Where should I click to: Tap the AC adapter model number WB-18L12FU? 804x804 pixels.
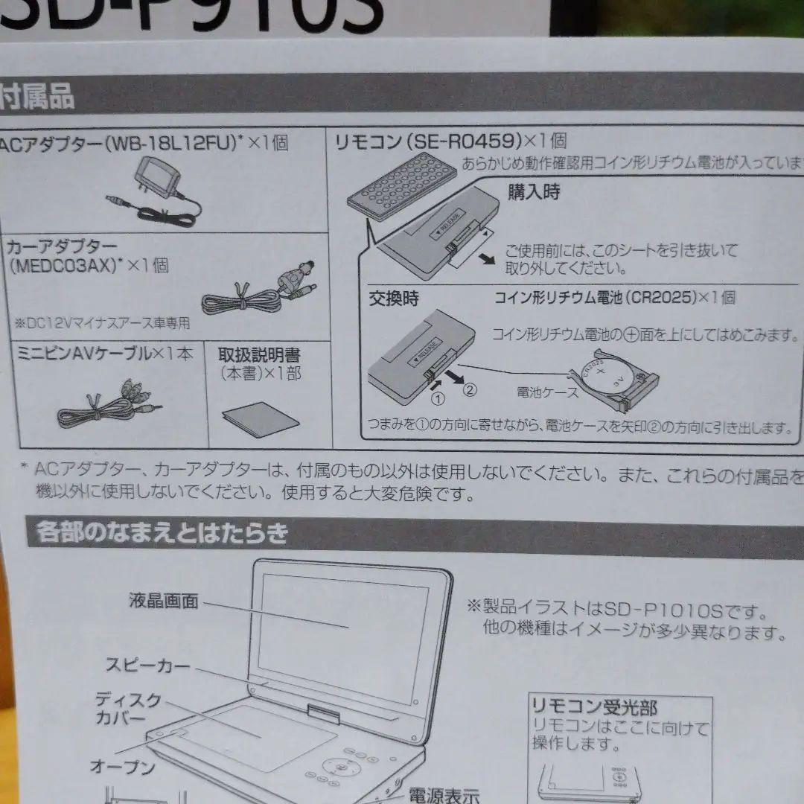[171, 144]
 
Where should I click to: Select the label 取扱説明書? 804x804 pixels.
[259, 355]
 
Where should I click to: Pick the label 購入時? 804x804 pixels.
[534, 192]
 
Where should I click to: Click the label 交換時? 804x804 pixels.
[394, 299]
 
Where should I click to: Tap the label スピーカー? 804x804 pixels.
[147, 665]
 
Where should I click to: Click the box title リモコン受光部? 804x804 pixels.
[594, 706]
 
